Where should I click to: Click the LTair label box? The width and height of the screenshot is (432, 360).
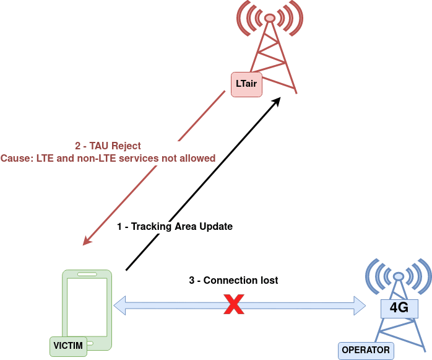246,84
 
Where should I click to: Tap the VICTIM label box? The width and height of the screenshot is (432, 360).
68,346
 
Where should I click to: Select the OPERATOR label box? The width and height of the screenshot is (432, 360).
366,350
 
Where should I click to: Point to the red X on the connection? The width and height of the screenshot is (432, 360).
233,305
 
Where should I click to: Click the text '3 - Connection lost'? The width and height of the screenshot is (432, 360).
233,281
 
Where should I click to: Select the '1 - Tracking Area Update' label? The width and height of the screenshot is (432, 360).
175,227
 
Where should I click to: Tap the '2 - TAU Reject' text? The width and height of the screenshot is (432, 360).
108,146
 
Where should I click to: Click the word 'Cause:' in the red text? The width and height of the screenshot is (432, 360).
15,159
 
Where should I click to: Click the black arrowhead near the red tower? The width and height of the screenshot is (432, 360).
277,101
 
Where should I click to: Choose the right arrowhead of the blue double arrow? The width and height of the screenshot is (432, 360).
360,304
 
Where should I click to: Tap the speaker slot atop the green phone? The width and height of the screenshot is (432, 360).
87,274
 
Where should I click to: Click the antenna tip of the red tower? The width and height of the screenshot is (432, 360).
270,17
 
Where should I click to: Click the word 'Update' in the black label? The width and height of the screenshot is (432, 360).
215,227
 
